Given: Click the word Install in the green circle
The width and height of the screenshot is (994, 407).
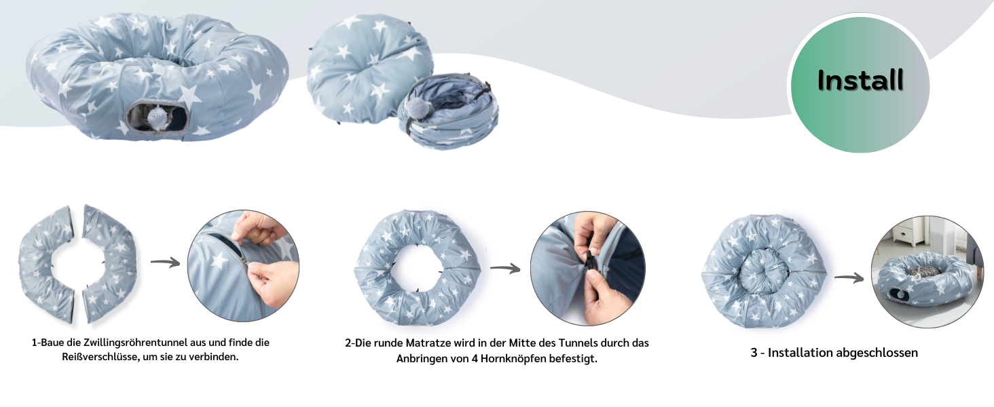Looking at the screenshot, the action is [x=860, y=80].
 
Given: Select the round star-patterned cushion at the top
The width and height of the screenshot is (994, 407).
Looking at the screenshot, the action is [x=369, y=68].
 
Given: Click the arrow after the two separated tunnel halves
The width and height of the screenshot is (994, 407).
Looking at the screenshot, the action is [x=165, y=263].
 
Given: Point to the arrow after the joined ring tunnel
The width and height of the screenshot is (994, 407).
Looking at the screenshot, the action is [x=505, y=268].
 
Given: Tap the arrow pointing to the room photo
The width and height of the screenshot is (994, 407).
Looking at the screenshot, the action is [x=849, y=278].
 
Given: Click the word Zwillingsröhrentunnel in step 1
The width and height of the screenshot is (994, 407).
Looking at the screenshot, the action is [x=136, y=343].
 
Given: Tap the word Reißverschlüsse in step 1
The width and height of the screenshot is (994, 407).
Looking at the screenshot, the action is [x=100, y=357].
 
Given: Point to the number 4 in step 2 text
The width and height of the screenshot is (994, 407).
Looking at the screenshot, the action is [x=475, y=358].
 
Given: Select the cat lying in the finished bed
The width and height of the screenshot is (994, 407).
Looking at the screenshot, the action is [x=923, y=272].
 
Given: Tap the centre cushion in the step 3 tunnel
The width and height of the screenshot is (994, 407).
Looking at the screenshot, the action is [x=763, y=271].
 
